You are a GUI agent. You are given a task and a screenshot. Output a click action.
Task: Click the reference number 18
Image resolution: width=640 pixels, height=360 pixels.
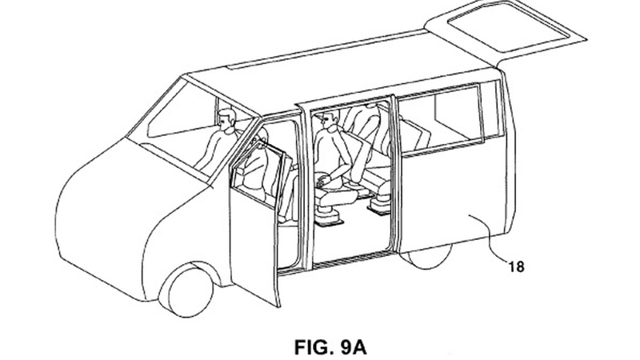tap(516, 266)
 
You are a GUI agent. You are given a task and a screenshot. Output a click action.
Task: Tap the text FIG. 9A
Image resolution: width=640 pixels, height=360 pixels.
tap(330, 347)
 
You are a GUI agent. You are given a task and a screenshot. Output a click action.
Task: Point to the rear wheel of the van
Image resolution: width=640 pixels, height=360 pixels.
tap(426, 256)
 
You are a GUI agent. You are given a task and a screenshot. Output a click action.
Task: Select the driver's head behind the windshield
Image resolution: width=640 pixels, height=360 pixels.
tap(226, 119)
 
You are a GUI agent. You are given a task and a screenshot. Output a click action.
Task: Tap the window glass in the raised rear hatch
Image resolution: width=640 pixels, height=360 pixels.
tap(509, 26)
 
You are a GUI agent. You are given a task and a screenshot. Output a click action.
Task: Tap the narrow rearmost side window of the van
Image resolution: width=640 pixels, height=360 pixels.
tap(493, 110)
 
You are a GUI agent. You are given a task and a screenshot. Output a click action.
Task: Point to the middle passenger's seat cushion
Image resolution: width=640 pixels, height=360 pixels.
tap(334, 198)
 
